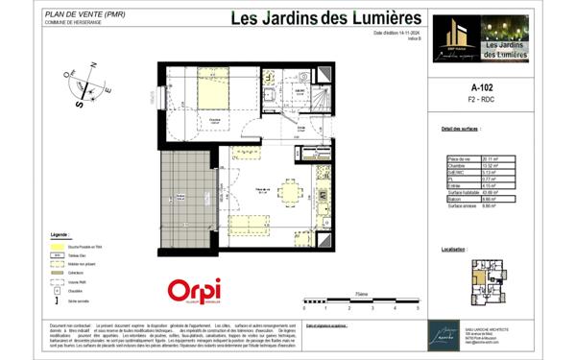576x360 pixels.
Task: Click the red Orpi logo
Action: click(x=195, y=290)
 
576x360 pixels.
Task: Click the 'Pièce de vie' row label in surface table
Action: click(x=460, y=158)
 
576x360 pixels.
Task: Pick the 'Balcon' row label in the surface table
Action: click(x=456, y=199)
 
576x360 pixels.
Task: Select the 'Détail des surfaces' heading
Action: click(x=460, y=128)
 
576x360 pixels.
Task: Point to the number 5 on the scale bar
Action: click(x=418, y=310)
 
